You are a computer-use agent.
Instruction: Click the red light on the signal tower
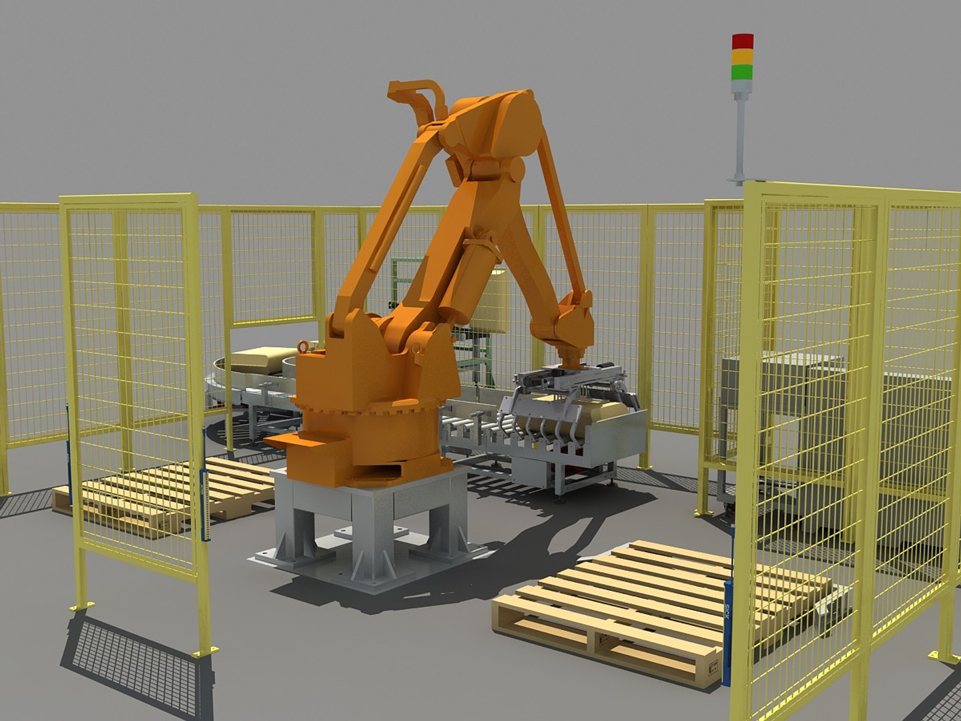[x=742, y=41]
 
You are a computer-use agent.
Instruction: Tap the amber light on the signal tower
[x=742, y=56]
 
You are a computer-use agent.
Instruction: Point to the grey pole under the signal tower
[x=740, y=134]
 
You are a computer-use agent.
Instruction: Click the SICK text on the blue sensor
[x=727, y=611]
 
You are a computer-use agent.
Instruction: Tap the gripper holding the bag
[x=567, y=394]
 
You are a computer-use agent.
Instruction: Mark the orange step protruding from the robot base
[x=294, y=444]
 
